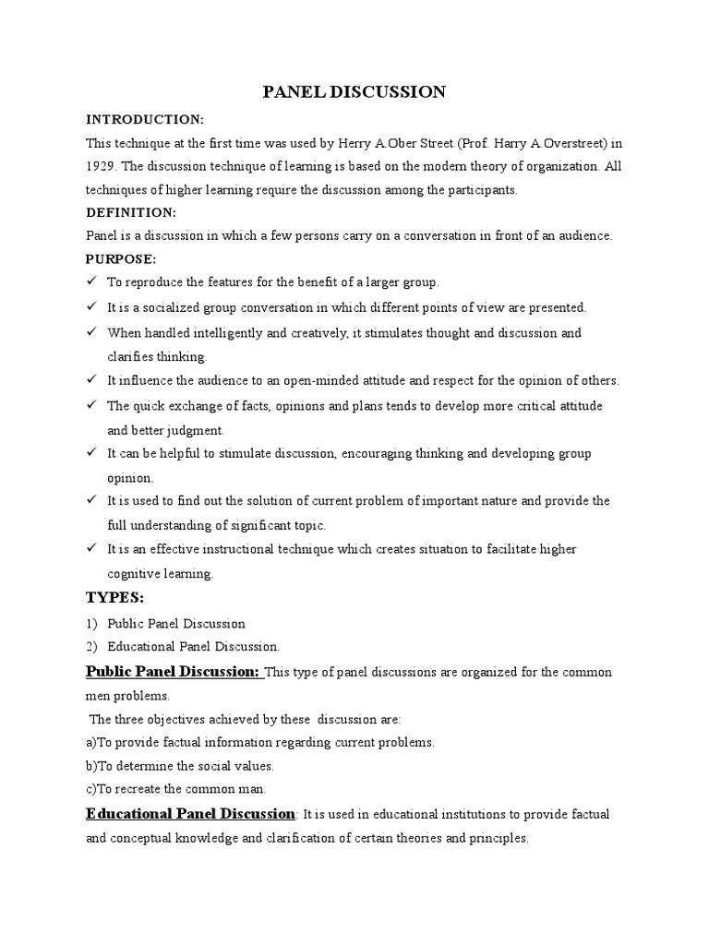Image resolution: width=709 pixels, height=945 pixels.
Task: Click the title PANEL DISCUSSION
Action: point(354,91)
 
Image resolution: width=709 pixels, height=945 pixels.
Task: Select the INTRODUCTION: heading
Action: point(145,120)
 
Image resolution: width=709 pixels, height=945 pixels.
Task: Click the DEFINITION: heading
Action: point(137,213)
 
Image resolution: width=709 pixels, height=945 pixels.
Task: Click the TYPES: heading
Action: point(114,599)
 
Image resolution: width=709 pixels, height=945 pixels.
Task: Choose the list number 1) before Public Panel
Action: point(91,624)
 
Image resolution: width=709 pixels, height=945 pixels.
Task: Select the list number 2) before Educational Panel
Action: point(91,647)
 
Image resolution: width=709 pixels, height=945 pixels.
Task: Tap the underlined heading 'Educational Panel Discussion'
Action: point(190,814)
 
